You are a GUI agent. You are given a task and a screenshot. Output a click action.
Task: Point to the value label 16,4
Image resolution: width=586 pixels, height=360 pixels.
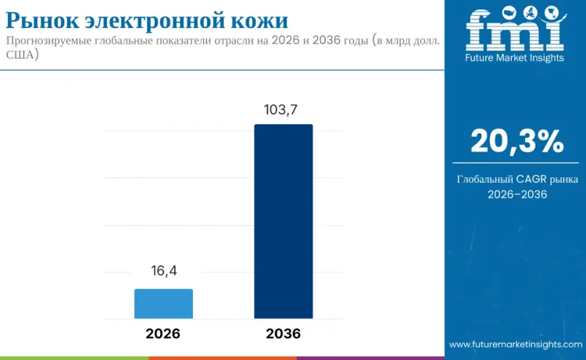(x=164, y=271)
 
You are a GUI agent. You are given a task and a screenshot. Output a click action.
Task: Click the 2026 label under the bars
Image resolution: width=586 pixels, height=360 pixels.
(x=163, y=333)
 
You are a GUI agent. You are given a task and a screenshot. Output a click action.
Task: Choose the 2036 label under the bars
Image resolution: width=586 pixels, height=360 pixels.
(x=283, y=333)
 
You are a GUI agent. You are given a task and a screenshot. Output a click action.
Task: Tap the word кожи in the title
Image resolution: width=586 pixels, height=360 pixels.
(x=261, y=17)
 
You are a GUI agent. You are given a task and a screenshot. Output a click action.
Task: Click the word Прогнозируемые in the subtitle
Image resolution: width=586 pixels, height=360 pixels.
(x=53, y=41)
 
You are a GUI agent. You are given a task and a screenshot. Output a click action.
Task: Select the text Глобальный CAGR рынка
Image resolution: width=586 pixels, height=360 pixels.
(x=516, y=180)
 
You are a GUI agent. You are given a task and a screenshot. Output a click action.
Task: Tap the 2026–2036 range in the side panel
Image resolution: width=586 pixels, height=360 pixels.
(x=516, y=194)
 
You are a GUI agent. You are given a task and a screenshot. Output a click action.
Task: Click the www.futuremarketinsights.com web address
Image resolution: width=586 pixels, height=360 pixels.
(x=516, y=344)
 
